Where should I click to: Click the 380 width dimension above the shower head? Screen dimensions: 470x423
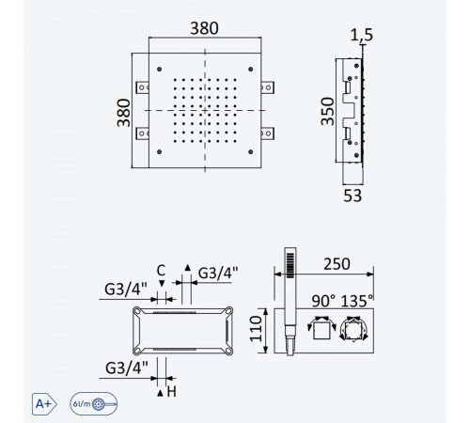[204, 28]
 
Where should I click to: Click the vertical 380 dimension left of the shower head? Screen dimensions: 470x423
[123, 113]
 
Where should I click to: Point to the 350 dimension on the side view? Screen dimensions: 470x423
[328, 111]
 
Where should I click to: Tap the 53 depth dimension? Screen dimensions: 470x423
[352, 196]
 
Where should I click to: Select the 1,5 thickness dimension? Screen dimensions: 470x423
[361, 35]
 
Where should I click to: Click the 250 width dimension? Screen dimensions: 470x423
[337, 264]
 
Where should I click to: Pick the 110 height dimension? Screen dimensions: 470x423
[256, 329]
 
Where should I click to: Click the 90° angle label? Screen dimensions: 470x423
[323, 301]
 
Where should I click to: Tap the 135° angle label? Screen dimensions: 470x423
[357, 301]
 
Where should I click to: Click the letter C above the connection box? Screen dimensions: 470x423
[161, 270]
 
